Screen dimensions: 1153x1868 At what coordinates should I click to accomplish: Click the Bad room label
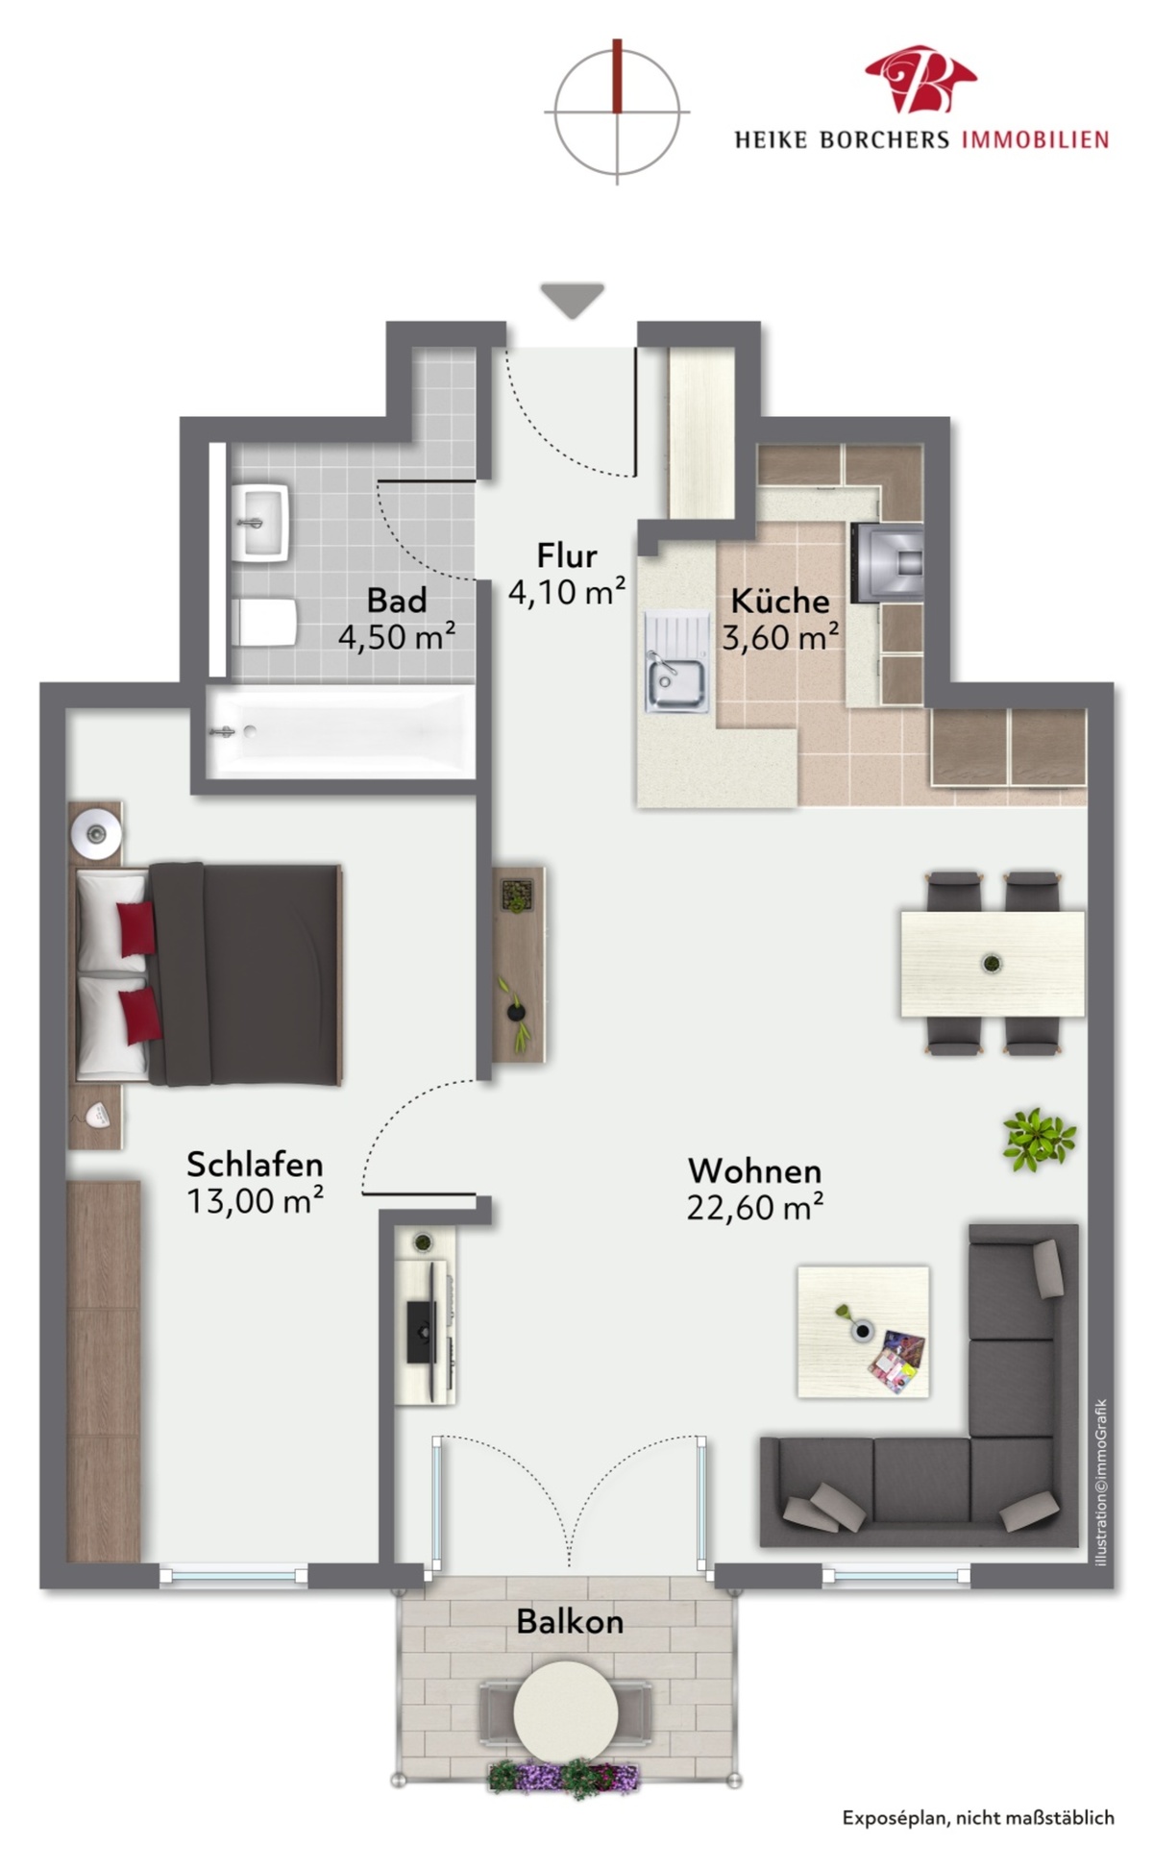coord(396,601)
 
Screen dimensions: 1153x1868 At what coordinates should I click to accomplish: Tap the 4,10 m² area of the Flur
coord(567,592)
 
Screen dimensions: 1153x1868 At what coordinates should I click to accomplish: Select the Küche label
coord(779,601)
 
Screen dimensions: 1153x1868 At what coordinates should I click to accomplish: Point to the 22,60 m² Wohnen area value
coord(754,1207)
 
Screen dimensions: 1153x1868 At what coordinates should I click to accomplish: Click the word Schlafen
coord(255,1165)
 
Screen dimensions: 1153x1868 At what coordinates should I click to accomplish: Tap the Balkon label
coord(570,1622)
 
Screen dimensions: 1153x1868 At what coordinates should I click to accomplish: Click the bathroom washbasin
coord(260,522)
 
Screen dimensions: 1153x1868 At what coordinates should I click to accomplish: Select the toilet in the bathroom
coord(264,623)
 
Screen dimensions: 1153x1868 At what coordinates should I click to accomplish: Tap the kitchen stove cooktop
coord(887,562)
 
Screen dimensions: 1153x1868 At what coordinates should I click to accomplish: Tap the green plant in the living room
coord(1038,1140)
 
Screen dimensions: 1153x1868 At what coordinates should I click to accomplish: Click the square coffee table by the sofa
coord(863,1331)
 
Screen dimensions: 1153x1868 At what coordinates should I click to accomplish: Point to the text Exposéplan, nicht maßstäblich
coord(978,1818)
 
